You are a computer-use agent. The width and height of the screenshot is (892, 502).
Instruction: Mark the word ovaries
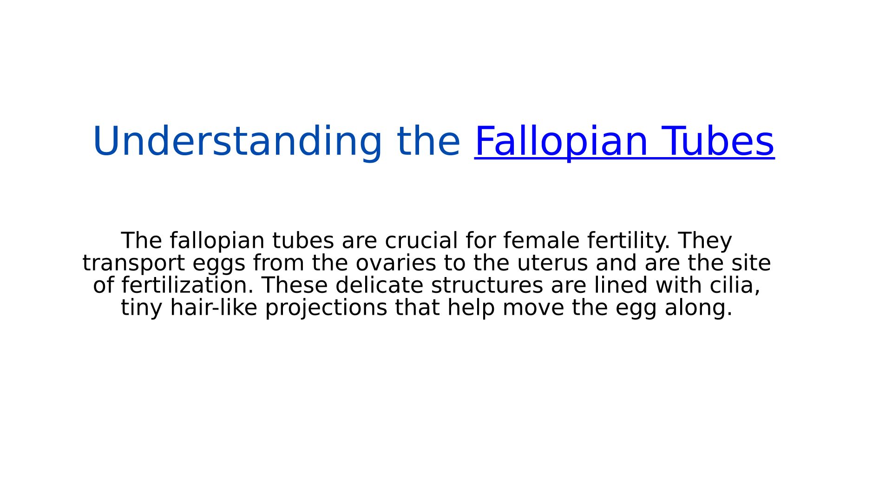click(x=396, y=263)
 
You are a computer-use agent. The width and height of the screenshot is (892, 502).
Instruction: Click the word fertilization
click(x=188, y=285)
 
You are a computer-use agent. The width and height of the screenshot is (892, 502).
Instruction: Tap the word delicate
click(x=379, y=285)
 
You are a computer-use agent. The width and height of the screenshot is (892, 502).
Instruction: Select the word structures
click(x=487, y=285)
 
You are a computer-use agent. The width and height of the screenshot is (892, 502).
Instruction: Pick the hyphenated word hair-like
click(x=214, y=308)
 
